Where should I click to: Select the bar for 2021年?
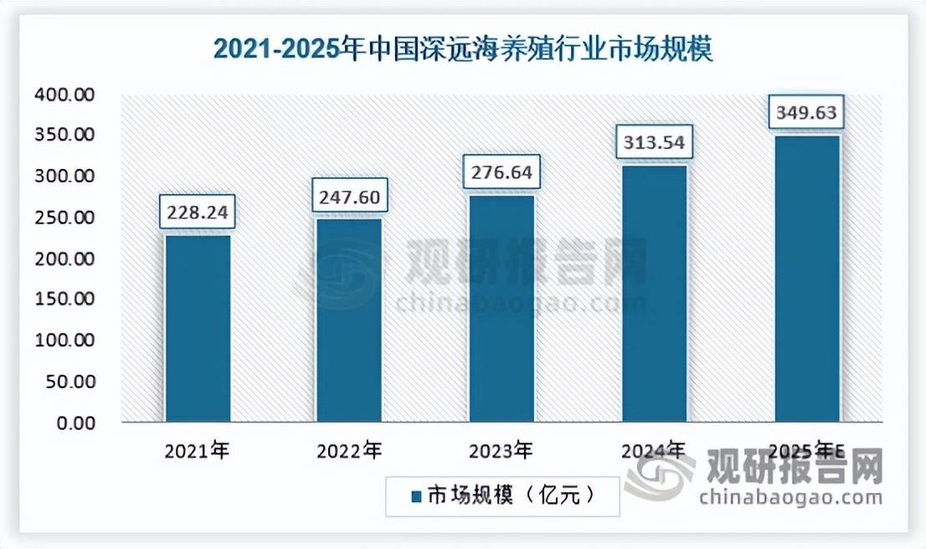coord(198,328)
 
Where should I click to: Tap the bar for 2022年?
coord(349,320)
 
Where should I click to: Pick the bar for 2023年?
coord(502,308)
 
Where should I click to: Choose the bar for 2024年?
coord(654,293)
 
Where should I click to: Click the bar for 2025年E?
coord(806,278)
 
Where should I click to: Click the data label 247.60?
coord(349,197)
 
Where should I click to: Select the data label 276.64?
coord(502,173)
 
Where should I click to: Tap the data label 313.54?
coord(654,143)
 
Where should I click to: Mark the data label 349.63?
coord(806,113)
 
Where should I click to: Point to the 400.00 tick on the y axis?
coord(65,95)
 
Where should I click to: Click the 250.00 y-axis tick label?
coord(65,218)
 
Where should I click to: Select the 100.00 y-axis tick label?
coord(65,341)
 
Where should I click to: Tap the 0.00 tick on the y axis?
coord(76,423)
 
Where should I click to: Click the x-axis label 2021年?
coord(198,452)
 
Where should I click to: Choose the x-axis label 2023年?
coord(502,452)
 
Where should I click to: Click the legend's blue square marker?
coord(416,496)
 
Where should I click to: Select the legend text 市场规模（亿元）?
coord(512,496)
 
